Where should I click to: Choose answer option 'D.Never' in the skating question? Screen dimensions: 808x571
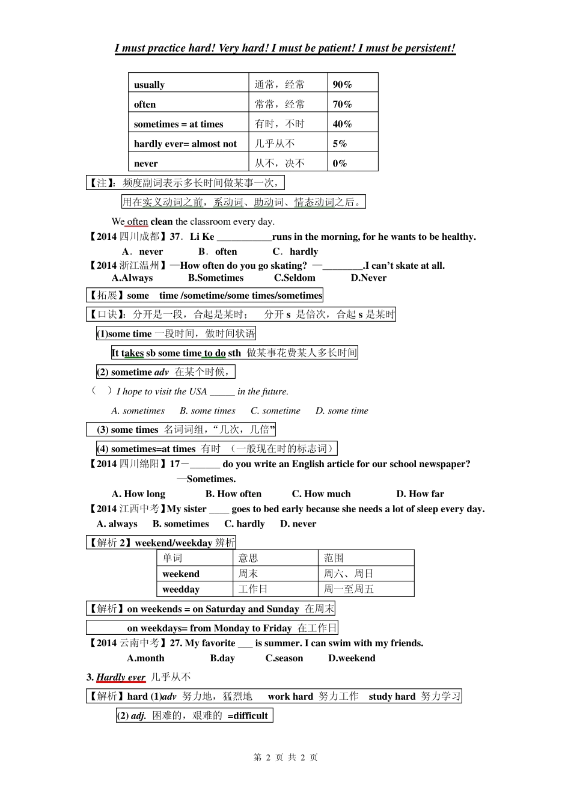pos(368,278)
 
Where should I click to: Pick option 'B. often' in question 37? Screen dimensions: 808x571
pos(218,252)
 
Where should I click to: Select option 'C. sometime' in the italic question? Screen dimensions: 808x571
pos(275,411)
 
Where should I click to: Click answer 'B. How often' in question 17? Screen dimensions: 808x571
pos(233,494)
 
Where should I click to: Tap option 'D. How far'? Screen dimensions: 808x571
pos(420,494)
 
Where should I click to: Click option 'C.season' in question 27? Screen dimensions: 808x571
pos(284,658)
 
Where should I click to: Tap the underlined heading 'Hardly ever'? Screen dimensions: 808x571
pos(121,678)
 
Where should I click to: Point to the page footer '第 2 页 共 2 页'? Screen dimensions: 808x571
pos(285,757)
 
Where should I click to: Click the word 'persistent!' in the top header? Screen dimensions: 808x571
pos(428,48)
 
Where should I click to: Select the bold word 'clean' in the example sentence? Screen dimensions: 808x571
pos(161,222)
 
